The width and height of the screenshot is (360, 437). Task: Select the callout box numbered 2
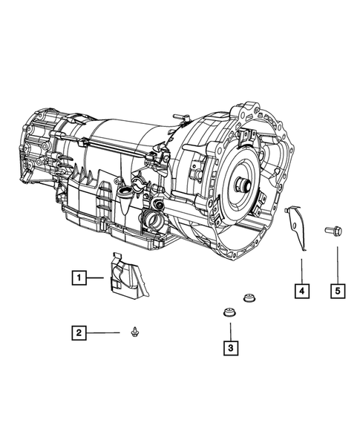(77, 333)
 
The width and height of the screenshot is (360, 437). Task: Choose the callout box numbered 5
(337, 291)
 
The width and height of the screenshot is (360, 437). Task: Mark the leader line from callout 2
(104, 333)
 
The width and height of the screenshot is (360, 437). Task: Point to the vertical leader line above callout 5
(337, 263)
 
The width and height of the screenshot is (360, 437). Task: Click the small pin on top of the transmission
(180, 118)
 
